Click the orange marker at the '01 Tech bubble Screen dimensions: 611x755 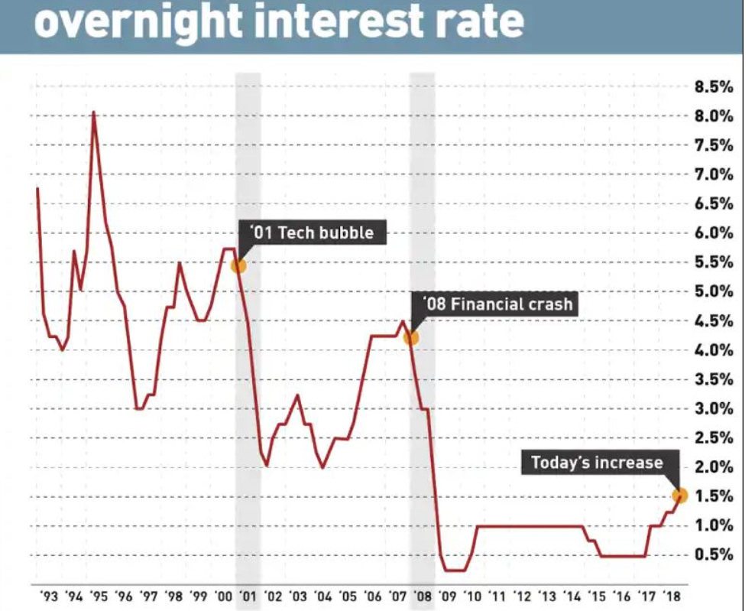238,265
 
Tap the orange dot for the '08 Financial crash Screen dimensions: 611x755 411,337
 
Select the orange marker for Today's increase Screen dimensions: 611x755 680,495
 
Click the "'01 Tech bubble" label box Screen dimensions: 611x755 313,232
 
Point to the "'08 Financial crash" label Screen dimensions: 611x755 492,304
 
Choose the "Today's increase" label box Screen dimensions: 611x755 597,462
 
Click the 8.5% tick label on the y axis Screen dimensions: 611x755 714,87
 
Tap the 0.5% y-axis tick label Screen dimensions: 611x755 714,554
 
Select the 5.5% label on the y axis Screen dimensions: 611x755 714,262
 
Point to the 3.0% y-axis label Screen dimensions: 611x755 714,408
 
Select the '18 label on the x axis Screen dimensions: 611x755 671,596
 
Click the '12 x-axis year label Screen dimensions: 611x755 522,596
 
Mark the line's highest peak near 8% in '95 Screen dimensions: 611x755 93,113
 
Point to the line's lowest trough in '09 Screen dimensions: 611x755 454,570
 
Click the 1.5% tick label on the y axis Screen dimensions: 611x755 714,496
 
